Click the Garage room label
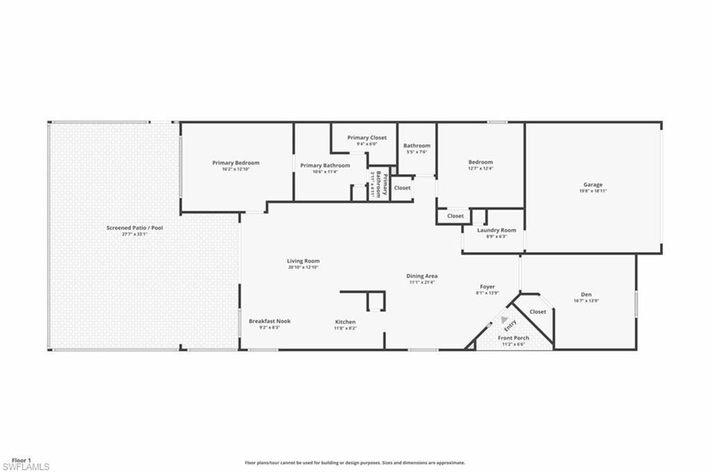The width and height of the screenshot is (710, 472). pos(592,184)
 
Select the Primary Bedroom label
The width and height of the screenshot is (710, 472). pos(236,163)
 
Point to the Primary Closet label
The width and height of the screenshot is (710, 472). pos(367,138)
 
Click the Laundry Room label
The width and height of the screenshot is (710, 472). pos(496,230)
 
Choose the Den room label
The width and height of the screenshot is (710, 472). pos(586,295)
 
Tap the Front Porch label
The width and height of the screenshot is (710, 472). pos(514,338)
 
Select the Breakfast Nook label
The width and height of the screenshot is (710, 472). pos(270,321)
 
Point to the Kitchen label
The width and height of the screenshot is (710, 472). pos(345,322)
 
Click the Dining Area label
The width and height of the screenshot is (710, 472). pos(422,276)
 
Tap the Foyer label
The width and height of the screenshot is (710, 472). pos(487,286)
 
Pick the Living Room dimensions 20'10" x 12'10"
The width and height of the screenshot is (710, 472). pos(303,267)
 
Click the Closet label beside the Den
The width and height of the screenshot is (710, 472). pos(537,312)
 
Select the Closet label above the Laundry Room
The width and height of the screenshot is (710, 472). pos(455,216)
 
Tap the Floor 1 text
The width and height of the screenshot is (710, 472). pos(21,460)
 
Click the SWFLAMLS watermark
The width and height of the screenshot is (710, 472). pos(26,466)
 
